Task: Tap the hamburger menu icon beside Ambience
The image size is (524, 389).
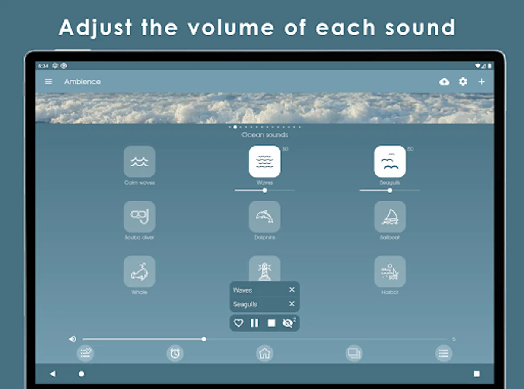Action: pyautogui.click(x=48, y=82)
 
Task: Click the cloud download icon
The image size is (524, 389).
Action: pyautogui.click(x=444, y=82)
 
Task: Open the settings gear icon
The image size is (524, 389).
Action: pyautogui.click(x=463, y=82)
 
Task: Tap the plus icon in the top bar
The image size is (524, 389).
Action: pyautogui.click(x=482, y=82)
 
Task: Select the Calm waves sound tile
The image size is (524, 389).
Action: pyautogui.click(x=140, y=161)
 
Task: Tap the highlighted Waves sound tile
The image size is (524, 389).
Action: pyautogui.click(x=264, y=161)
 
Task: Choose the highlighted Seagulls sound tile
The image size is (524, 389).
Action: pyautogui.click(x=390, y=161)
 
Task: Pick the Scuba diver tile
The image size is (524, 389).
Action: pyautogui.click(x=140, y=216)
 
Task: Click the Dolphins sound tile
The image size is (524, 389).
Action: pyautogui.click(x=264, y=216)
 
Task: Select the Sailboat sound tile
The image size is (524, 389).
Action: pyautogui.click(x=390, y=216)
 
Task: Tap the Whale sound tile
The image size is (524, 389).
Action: pyautogui.click(x=140, y=271)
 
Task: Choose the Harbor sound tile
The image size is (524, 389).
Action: pyautogui.click(x=390, y=271)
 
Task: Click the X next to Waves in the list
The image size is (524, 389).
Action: pyautogui.click(x=292, y=290)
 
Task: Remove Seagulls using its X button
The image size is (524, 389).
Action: pyautogui.click(x=292, y=304)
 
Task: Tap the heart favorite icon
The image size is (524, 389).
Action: pyautogui.click(x=238, y=323)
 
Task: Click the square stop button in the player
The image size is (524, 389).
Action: pyautogui.click(x=271, y=323)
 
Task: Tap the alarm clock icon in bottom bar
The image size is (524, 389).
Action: pyautogui.click(x=175, y=354)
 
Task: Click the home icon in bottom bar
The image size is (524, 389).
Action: pyautogui.click(x=264, y=354)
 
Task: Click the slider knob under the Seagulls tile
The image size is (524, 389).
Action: pyautogui.click(x=390, y=190)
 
